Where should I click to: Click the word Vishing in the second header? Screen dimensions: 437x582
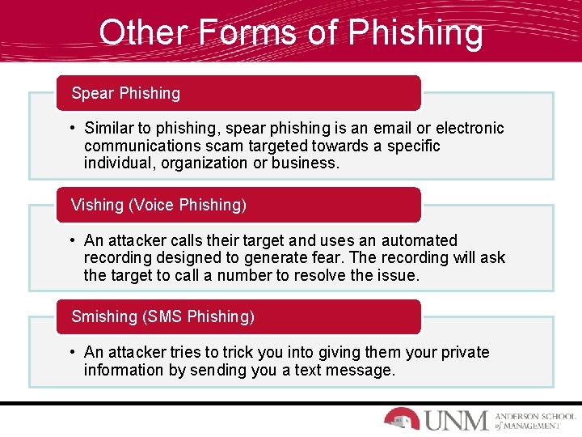(x=97, y=205)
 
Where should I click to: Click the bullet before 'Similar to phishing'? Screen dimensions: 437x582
(x=73, y=128)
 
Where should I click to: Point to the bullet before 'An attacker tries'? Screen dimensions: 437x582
(x=73, y=352)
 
